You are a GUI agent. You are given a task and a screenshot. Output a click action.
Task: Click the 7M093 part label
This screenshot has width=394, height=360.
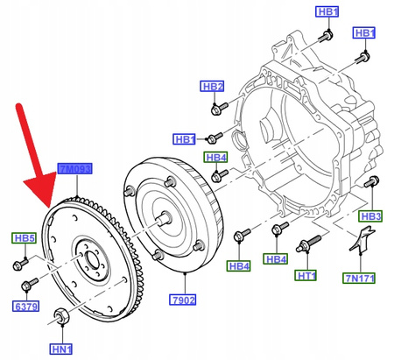click(x=74, y=168)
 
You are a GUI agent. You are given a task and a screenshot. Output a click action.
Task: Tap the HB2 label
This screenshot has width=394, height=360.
click(x=213, y=86)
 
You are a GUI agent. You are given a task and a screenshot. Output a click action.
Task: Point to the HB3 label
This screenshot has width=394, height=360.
click(x=371, y=215)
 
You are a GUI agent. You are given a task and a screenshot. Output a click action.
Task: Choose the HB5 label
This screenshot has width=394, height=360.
click(x=23, y=238)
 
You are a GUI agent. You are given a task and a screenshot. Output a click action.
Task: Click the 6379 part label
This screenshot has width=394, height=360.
click(x=24, y=306)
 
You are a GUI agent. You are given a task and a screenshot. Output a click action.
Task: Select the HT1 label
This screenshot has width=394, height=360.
click(x=307, y=276)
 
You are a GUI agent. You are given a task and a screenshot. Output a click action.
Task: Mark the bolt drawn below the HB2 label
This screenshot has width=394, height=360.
click(x=219, y=109)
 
